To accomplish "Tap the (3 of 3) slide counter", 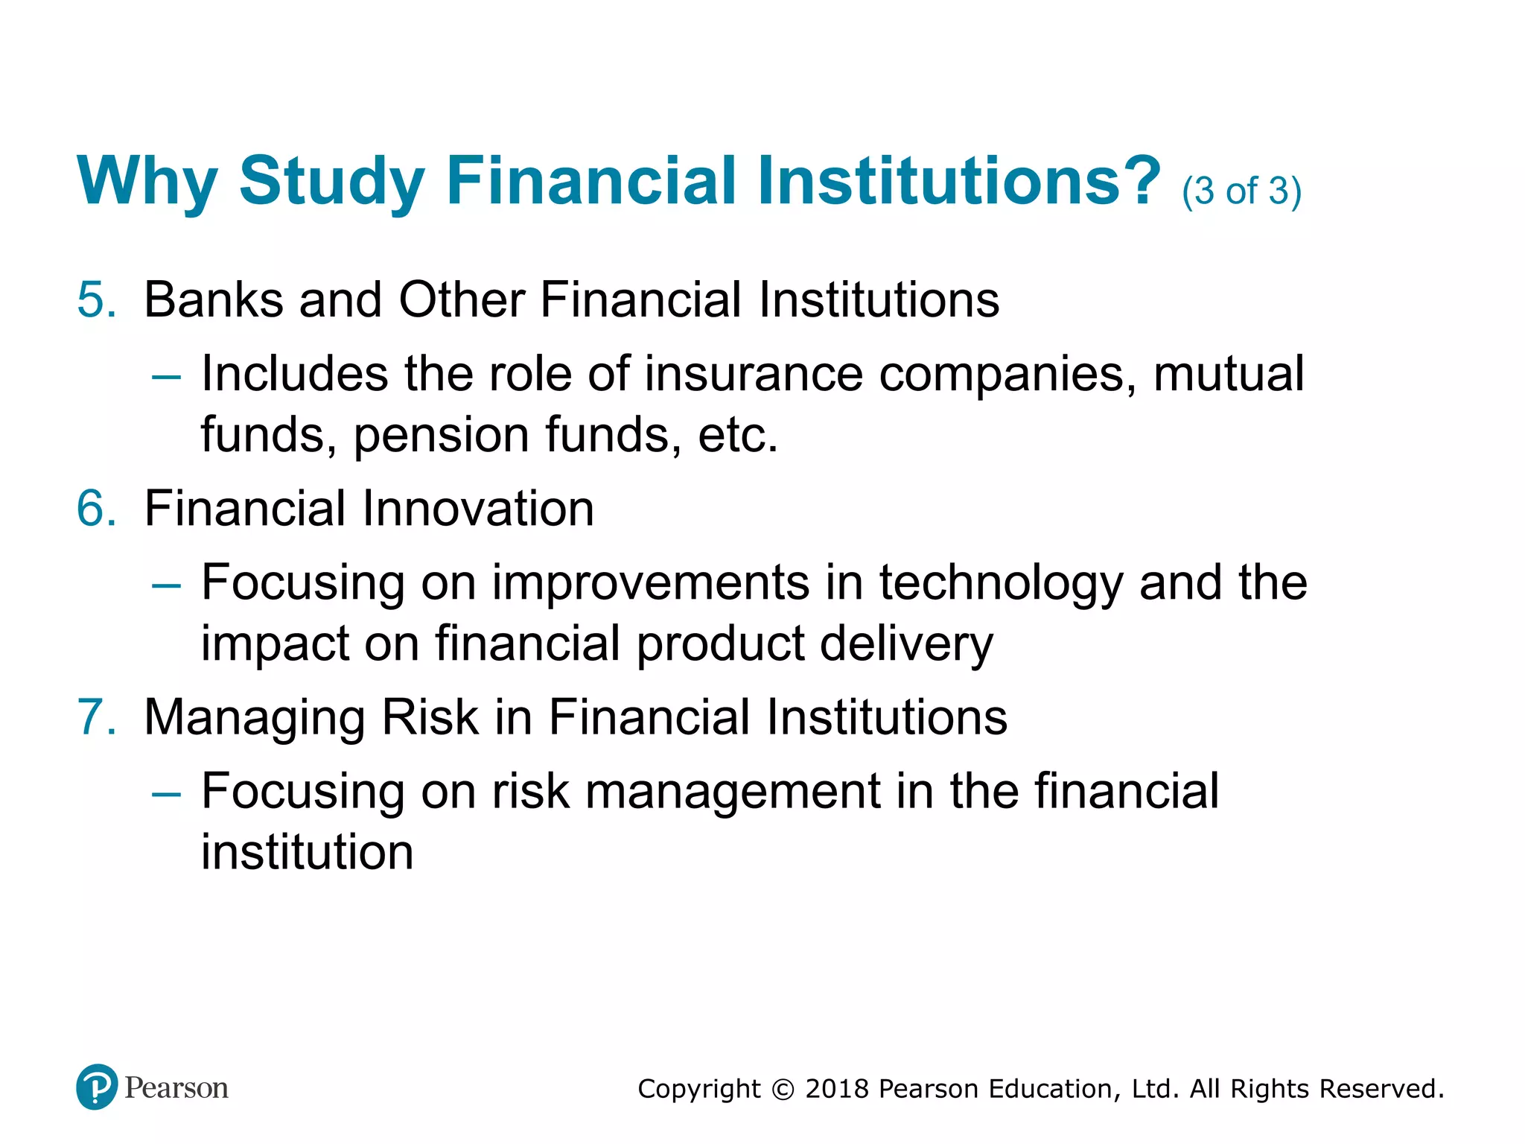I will [x=1241, y=191].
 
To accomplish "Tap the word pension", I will [x=441, y=434].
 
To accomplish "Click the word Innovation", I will [x=477, y=509].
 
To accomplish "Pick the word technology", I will [x=1000, y=583].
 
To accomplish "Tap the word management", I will [x=733, y=792].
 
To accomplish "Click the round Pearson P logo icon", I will [x=97, y=1087].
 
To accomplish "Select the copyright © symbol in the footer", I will [x=783, y=1090].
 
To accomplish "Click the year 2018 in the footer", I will [x=837, y=1089].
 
